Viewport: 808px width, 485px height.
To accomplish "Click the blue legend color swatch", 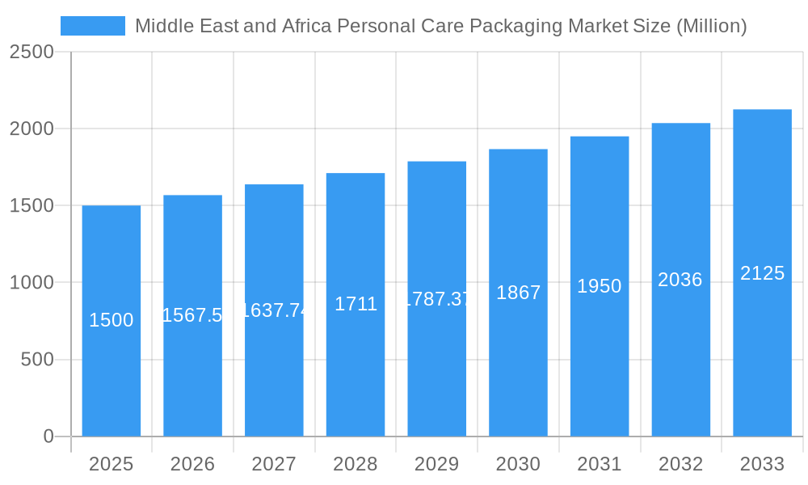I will [x=93, y=26].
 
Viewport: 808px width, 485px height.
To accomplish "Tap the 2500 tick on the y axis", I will [x=32, y=52].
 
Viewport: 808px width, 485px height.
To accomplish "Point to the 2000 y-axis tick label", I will [x=32, y=129].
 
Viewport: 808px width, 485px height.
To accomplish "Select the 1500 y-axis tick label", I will [x=32, y=205].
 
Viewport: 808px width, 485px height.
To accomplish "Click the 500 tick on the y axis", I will [x=37, y=360].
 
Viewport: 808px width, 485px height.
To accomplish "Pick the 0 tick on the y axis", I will [x=48, y=436].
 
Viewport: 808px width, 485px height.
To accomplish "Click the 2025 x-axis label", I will [x=111, y=464].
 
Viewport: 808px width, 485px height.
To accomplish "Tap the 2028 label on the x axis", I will [x=356, y=464].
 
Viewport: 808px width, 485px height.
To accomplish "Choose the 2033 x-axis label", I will [x=762, y=464].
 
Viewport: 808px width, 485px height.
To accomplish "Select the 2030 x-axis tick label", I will [x=518, y=464].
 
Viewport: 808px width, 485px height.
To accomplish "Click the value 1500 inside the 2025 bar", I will [x=111, y=320].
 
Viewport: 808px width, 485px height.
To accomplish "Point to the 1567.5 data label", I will [x=192, y=315].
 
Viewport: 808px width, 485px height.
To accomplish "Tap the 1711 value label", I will [x=356, y=304].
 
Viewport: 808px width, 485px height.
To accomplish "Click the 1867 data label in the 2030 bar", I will [x=518, y=293].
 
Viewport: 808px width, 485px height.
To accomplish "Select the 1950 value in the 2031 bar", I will [x=600, y=286].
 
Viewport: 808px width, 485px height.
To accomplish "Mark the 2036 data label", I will [x=680, y=280].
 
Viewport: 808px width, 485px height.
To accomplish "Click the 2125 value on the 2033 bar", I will [x=762, y=273].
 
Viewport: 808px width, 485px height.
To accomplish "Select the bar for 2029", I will [x=437, y=364].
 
